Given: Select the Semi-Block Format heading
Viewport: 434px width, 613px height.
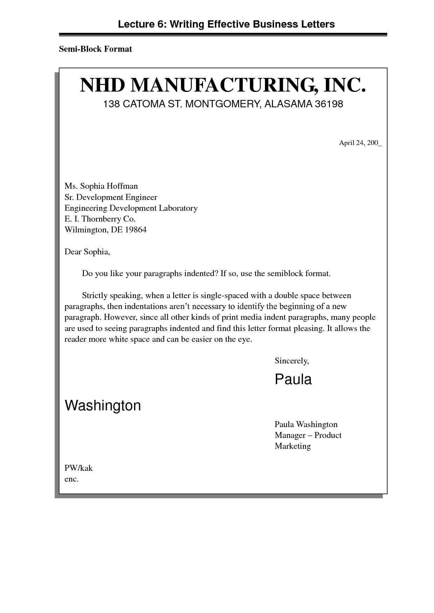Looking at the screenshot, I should tap(95, 49).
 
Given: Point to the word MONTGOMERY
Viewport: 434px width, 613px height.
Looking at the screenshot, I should tap(222, 104).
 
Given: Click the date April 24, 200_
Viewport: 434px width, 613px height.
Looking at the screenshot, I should tap(360, 143).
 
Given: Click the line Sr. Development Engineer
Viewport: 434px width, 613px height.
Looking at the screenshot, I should tap(111, 197).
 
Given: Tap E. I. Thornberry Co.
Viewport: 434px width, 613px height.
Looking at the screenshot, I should tap(100, 219).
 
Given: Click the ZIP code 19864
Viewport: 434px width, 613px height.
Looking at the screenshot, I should tap(135, 230).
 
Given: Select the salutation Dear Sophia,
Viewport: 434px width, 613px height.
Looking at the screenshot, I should tap(87, 252).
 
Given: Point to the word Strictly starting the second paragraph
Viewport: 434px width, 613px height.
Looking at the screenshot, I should tap(94, 295).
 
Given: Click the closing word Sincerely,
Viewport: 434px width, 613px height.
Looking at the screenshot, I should tap(292, 361).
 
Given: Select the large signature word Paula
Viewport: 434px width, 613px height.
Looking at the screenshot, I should tap(293, 379).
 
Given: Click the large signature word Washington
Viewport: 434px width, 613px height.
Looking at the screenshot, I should tap(103, 405).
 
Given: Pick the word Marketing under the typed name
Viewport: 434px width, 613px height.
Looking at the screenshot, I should tap(293, 446).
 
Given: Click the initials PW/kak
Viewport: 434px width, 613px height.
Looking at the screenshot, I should tap(78, 468).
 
